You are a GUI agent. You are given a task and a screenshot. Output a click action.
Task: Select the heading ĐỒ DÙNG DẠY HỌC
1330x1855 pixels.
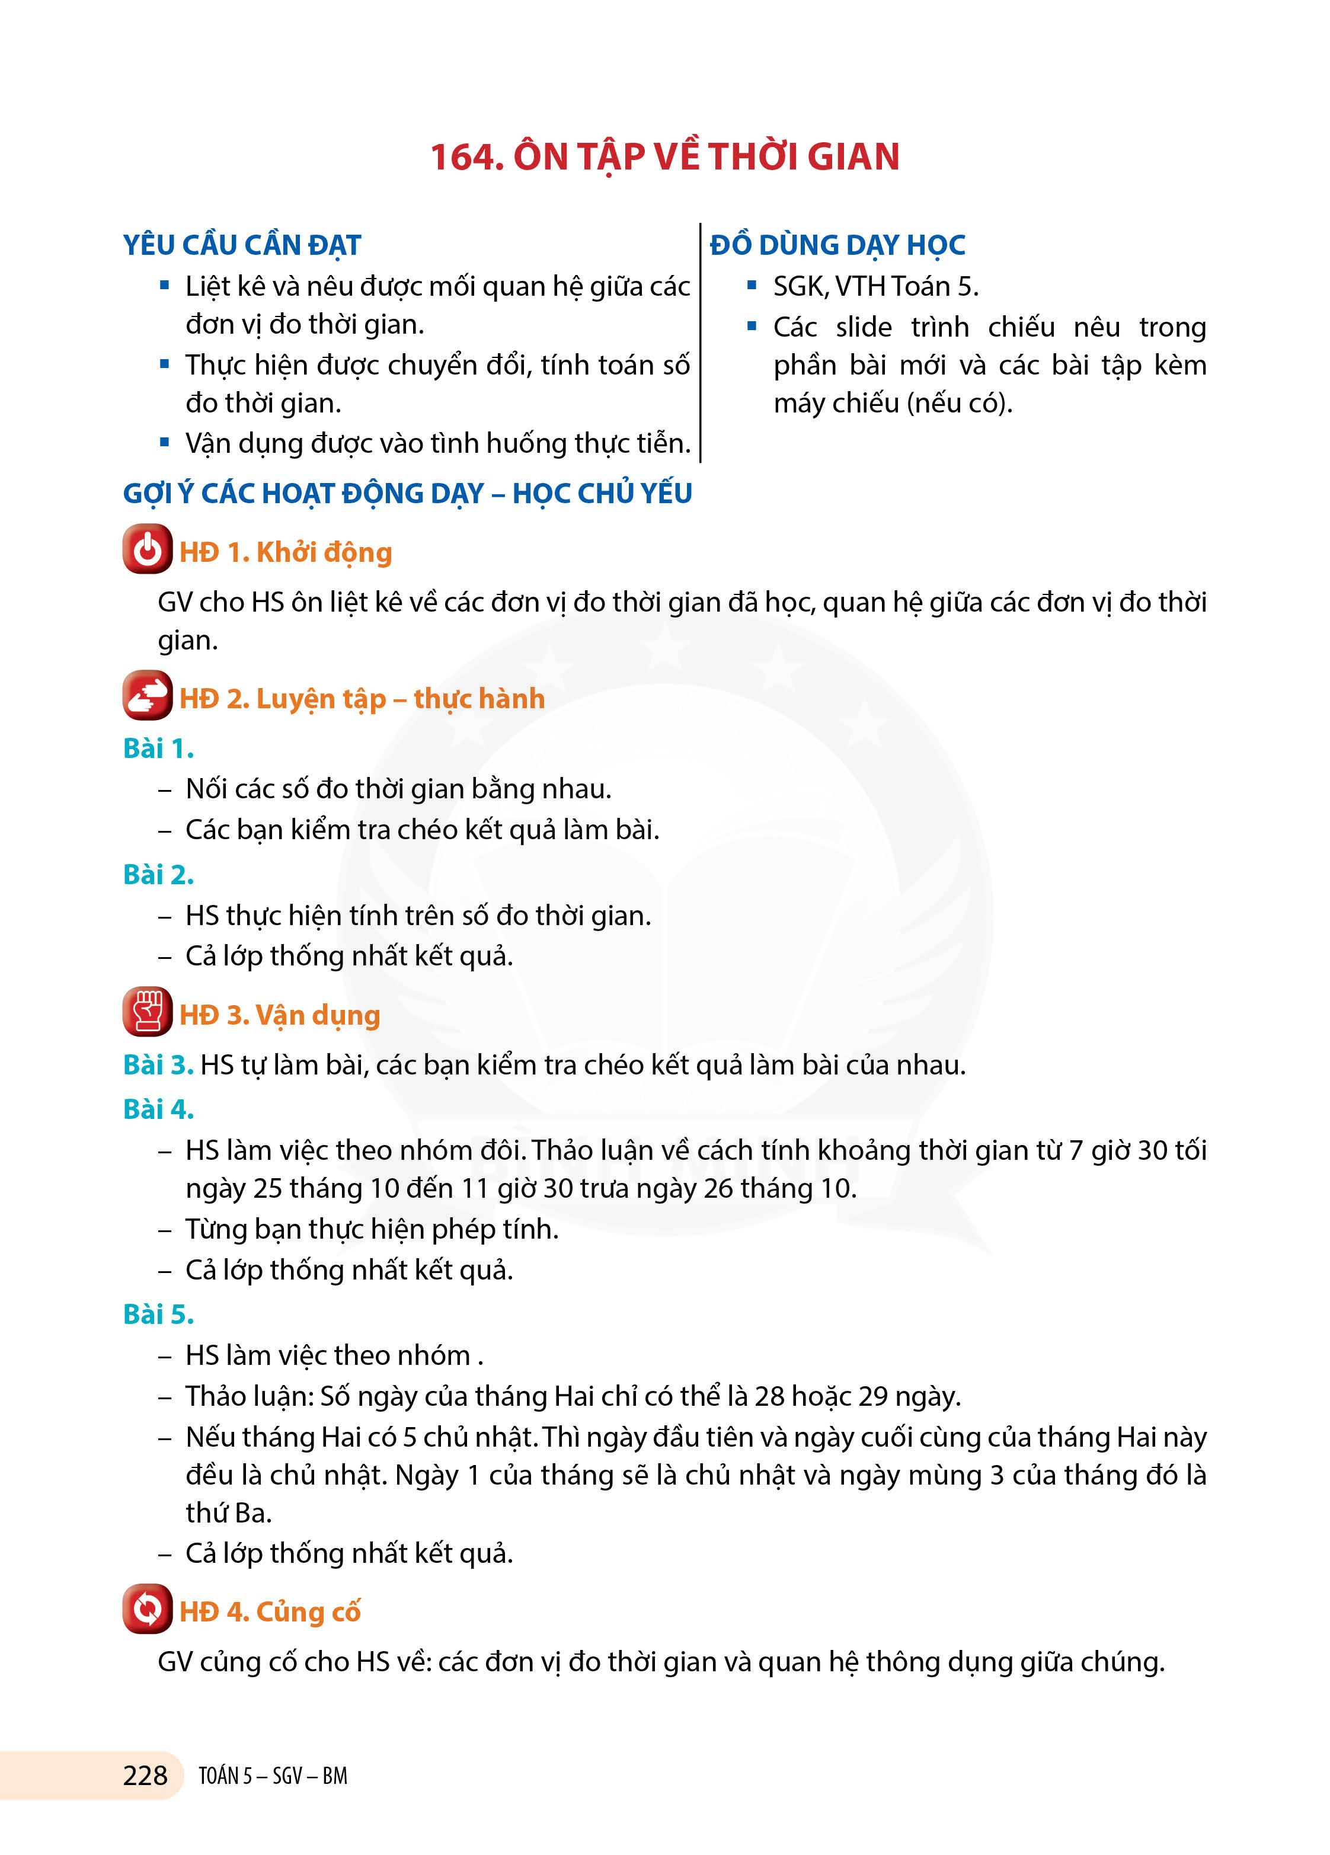point(837,245)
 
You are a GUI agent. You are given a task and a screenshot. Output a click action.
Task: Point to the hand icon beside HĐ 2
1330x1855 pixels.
point(147,696)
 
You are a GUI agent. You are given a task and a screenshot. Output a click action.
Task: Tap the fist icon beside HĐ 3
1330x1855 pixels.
point(147,1012)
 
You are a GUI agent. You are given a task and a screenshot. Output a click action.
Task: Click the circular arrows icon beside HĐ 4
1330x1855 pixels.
point(147,1609)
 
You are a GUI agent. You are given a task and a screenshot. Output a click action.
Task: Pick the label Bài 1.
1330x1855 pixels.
point(158,749)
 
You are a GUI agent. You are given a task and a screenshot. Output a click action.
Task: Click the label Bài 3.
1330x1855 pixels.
point(158,1065)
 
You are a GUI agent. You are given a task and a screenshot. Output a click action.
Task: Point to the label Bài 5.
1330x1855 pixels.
point(158,1315)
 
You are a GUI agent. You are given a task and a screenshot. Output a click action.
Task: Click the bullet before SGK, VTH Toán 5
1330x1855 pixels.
point(752,286)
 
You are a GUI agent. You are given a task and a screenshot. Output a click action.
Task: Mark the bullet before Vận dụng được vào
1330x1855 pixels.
point(164,443)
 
